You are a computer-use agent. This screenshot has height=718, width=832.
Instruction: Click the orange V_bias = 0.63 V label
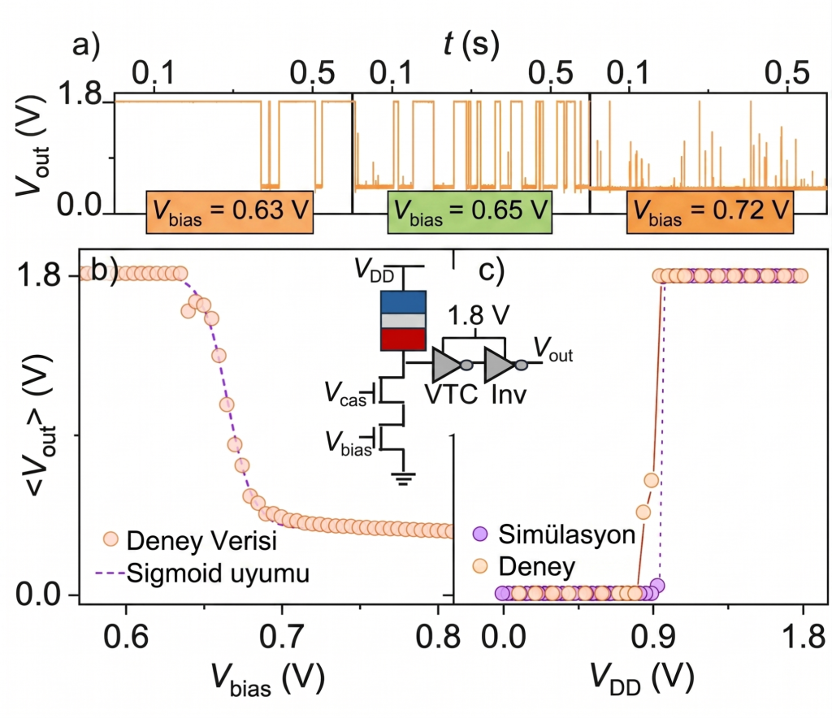tap(229, 211)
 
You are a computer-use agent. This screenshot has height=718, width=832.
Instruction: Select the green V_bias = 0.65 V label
tap(470, 211)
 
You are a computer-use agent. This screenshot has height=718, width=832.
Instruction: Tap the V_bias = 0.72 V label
tap(710, 211)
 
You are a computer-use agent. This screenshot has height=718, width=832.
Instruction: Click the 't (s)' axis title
tap(472, 44)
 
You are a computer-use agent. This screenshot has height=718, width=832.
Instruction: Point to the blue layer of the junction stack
tap(403, 302)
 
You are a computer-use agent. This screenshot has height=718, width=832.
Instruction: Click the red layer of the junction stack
tap(403, 340)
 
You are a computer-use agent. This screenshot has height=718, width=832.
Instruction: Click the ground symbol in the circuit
tap(403, 479)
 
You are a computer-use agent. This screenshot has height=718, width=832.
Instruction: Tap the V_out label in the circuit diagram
tap(553, 350)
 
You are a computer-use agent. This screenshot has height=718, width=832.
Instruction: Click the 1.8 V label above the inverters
tap(479, 315)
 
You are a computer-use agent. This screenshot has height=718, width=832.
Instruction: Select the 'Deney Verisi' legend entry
tap(190, 540)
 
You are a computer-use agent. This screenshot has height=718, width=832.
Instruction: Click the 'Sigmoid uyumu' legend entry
tap(202, 573)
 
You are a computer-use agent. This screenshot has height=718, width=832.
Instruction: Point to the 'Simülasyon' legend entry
tap(554, 534)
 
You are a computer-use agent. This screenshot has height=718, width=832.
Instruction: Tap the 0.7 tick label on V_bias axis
tap(282, 636)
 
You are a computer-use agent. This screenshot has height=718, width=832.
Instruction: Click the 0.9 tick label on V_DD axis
tap(653, 636)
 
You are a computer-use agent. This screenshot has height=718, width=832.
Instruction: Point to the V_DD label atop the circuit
tap(375, 270)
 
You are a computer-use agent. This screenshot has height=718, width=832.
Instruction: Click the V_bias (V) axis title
tap(268, 679)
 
